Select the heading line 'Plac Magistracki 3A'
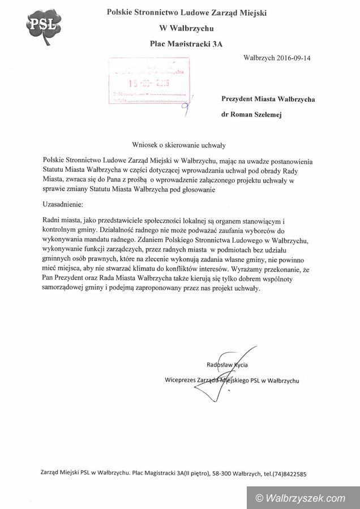tap(188, 42)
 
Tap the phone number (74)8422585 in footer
tap(288, 473)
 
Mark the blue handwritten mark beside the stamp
tap(190, 105)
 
